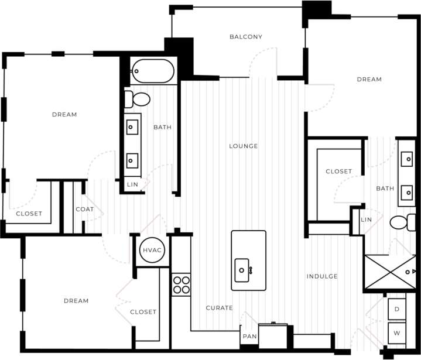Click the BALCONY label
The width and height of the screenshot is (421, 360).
tap(245, 37)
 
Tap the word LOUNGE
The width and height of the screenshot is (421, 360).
tap(243, 146)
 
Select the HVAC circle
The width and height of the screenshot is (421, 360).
tap(152, 250)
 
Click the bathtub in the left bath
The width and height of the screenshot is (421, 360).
tap(153, 72)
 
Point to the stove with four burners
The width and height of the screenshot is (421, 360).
tap(182, 284)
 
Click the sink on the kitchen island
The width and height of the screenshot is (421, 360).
tap(242, 270)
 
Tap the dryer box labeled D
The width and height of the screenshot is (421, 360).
tap(397, 308)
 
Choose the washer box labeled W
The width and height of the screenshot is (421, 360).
tap(397, 332)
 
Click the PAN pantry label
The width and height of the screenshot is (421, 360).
tap(249, 337)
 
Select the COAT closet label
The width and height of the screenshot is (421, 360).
tap(85, 210)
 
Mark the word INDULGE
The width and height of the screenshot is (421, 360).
tap(322, 276)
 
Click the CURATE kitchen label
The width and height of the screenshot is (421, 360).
tap(219, 308)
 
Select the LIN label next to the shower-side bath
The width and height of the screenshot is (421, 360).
tap(366, 220)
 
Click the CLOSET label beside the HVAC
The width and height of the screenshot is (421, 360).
tap(143, 312)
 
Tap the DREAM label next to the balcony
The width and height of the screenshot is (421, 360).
tap(369, 80)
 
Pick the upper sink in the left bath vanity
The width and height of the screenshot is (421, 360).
tap(133, 125)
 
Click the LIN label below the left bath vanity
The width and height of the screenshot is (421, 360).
tap(132, 184)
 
